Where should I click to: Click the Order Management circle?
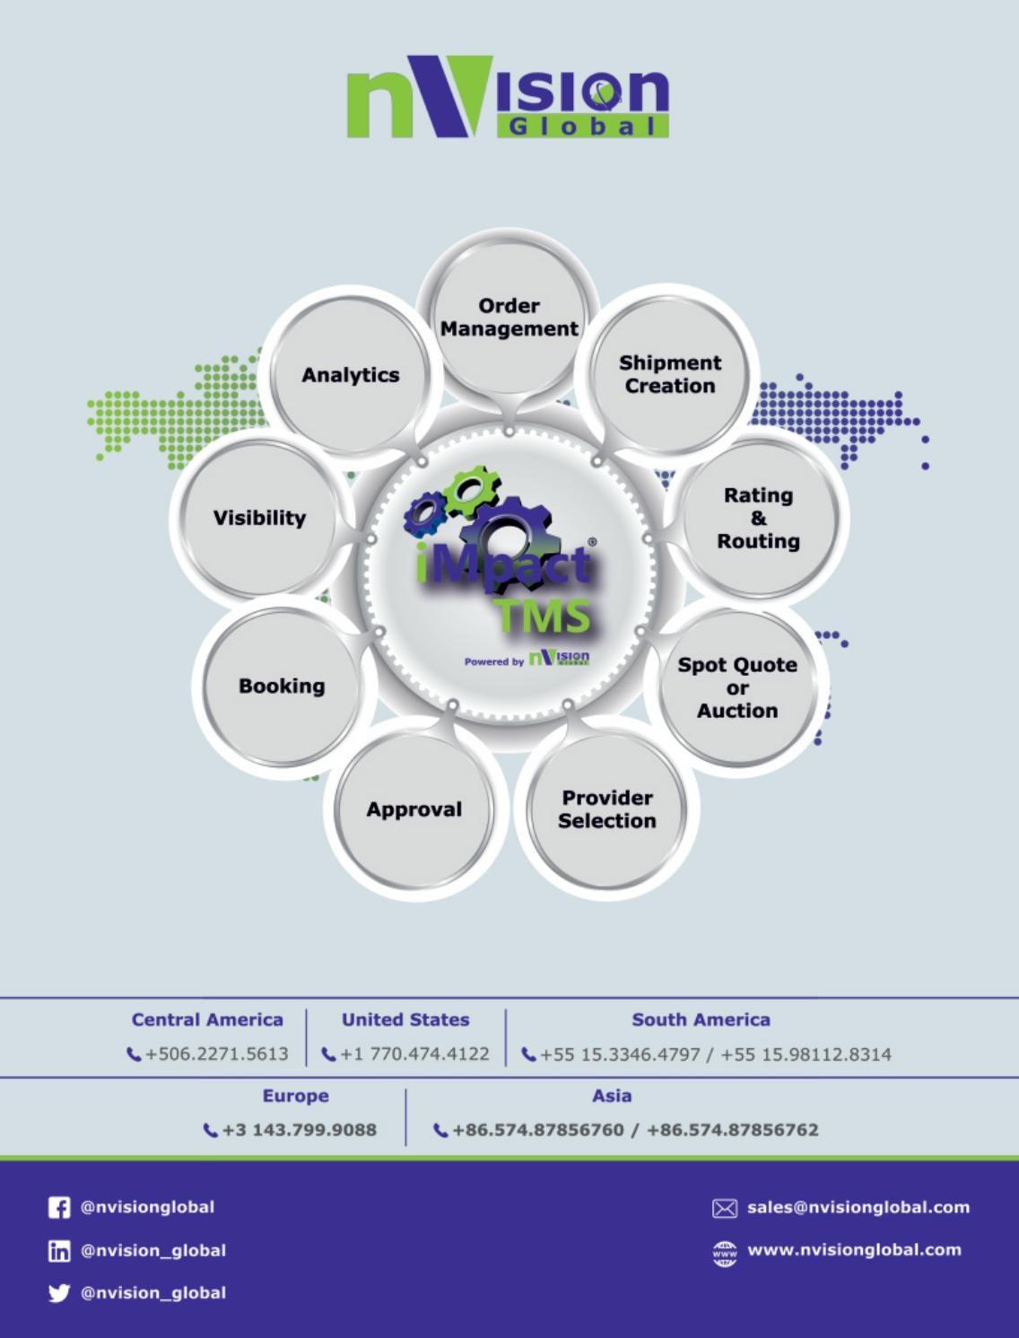(509, 318)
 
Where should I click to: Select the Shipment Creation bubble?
(670, 374)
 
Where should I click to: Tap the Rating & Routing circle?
(758, 518)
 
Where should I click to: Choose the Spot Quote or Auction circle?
(737, 687)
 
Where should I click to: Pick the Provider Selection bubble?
(607, 809)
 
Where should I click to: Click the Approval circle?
(414, 809)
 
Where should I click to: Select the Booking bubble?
(282, 686)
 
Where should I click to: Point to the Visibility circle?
(259, 518)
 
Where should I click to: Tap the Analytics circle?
(350, 375)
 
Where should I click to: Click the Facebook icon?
(59, 1208)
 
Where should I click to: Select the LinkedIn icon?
(59, 1251)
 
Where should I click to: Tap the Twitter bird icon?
(59, 1293)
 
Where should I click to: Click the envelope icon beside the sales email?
(724, 1209)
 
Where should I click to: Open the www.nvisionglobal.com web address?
(854, 1250)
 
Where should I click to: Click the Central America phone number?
(216, 1054)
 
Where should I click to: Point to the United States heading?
(405, 1020)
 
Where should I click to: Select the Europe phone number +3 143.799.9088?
(299, 1130)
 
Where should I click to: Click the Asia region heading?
(612, 1096)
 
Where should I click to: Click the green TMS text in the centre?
(544, 616)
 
